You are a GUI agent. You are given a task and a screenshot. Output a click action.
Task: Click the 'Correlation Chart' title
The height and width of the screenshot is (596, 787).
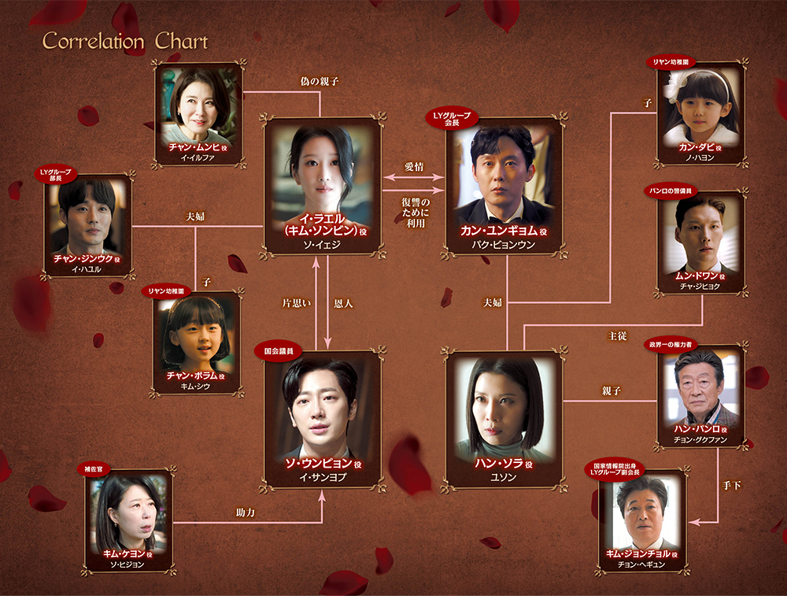(125, 41)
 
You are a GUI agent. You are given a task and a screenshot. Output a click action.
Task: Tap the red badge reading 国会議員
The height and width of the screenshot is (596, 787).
(279, 351)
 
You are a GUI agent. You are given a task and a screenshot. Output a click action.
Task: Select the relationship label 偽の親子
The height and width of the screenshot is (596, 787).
(320, 81)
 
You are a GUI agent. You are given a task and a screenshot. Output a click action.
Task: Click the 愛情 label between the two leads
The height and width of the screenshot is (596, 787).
(414, 167)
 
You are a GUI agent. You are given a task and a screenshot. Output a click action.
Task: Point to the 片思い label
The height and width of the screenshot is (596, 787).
(296, 303)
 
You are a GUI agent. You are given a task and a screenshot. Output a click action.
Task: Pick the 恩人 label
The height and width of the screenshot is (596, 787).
(343, 303)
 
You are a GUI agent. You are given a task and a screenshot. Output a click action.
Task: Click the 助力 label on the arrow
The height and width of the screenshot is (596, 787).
(246, 513)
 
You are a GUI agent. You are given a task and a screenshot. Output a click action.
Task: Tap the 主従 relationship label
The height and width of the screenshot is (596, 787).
(617, 336)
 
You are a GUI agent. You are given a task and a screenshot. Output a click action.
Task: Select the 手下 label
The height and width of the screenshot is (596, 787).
(731, 486)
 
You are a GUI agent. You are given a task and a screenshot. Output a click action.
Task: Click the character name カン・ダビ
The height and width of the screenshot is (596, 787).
(696, 147)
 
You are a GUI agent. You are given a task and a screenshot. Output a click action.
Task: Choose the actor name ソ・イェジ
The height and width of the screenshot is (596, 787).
(322, 245)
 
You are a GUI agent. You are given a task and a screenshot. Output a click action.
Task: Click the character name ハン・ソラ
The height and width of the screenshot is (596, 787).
(499, 464)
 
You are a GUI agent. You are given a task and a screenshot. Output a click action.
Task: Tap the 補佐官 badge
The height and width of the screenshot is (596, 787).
(94, 469)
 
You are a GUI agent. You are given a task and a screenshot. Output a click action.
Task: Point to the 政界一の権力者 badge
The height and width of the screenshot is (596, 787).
(671, 344)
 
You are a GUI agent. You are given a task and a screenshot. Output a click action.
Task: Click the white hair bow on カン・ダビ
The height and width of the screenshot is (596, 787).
(674, 85)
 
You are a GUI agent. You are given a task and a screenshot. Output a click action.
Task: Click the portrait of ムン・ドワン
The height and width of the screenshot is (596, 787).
(700, 236)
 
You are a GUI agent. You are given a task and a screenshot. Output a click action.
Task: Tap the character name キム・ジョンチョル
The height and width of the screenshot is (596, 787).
(638, 553)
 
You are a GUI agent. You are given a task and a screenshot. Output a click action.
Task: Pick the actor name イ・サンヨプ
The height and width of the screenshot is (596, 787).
(322, 477)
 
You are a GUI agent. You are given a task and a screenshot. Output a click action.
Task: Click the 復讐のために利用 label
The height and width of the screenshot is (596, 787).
(416, 213)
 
